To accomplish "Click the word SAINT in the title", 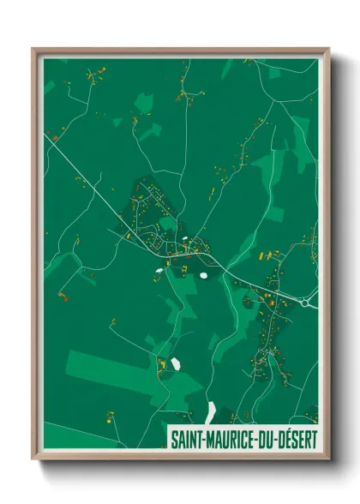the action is [x=186, y=440].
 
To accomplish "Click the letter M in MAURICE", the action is [x=212, y=440].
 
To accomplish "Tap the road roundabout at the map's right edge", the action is [x=308, y=300].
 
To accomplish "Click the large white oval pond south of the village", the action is [x=203, y=276].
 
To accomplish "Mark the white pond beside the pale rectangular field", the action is [x=176, y=363].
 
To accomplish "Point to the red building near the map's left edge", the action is [x=55, y=137].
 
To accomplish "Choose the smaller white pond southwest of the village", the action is [x=159, y=273].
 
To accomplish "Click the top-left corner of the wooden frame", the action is [x=33, y=49].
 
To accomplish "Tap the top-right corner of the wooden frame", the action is [x=327, y=49].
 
